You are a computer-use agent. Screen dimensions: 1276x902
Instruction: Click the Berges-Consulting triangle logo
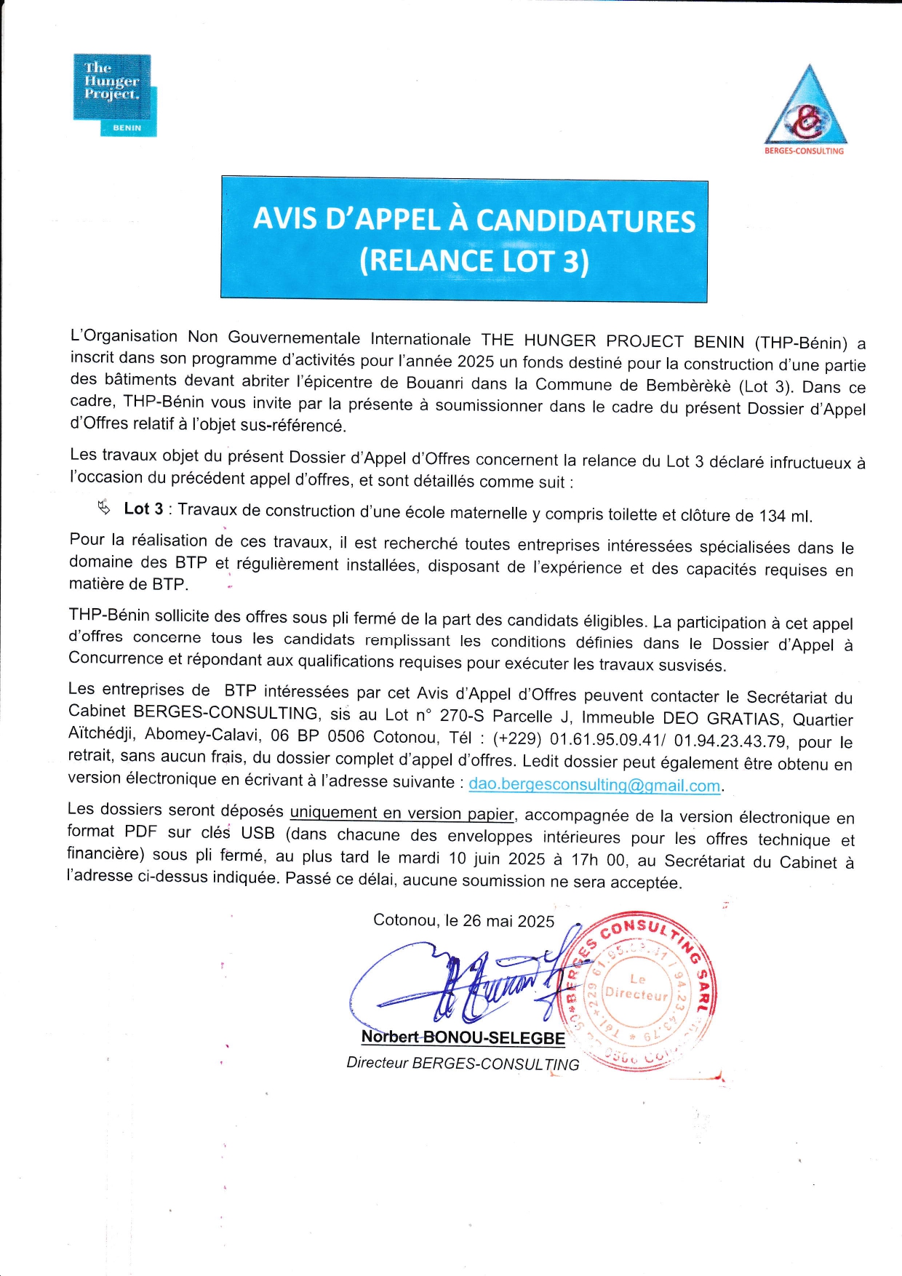(x=806, y=108)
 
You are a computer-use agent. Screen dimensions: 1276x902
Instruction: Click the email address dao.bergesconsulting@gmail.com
(x=594, y=785)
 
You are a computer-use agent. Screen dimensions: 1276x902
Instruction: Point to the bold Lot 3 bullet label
(x=143, y=509)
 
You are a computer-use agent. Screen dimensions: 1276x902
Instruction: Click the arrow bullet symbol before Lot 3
(x=103, y=507)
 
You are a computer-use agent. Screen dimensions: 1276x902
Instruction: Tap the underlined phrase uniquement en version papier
(x=402, y=813)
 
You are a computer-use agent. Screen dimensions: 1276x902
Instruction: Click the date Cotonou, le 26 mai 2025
(x=463, y=920)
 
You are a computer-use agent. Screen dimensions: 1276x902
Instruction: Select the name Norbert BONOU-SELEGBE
(x=463, y=1037)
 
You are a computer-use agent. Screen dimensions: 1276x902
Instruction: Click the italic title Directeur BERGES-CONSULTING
(x=463, y=1063)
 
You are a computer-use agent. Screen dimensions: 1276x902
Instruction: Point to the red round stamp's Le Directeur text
(x=637, y=987)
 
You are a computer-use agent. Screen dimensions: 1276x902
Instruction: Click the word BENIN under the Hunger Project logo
(x=127, y=128)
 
